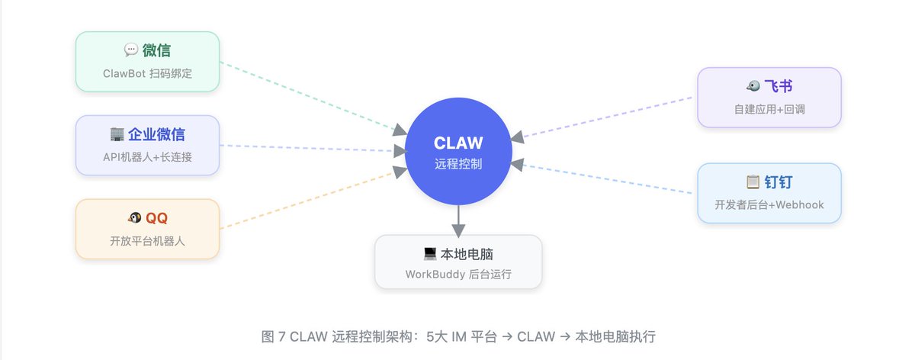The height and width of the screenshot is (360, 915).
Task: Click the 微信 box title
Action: [156, 50]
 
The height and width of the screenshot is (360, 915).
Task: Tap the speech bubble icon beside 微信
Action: [131, 50]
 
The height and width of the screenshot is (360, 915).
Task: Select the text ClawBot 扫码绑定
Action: [147, 73]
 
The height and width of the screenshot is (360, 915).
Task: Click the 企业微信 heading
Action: [156, 134]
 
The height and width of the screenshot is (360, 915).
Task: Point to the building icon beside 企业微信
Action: [117, 134]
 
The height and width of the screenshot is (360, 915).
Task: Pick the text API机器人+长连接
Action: [147, 157]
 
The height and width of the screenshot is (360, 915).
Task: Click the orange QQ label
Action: [156, 218]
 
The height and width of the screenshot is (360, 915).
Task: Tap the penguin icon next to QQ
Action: [134, 218]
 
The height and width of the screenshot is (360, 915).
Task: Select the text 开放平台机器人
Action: [147, 241]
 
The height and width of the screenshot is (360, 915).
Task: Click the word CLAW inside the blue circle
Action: [458, 143]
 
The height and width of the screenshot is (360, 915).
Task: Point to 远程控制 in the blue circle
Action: [458, 164]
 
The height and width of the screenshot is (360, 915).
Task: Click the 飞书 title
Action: [779, 86]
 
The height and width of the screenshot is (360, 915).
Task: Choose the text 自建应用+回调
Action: [769, 109]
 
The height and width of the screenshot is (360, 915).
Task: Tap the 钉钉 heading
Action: [779, 182]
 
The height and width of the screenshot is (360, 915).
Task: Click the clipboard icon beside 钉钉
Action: [753, 182]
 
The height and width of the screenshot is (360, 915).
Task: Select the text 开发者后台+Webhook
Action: [769, 204]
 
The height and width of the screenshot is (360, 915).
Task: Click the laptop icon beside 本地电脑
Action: [430, 254]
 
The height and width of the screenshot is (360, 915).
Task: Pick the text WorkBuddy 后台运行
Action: [458, 274]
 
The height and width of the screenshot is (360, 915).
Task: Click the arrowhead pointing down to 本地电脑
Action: [458, 230]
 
